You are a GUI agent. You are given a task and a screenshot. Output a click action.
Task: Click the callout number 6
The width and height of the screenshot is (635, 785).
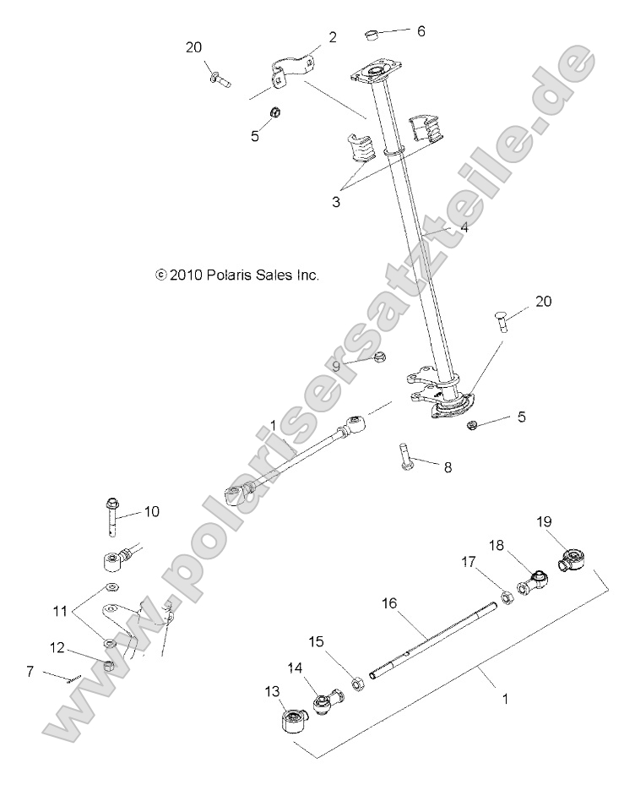[421, 31]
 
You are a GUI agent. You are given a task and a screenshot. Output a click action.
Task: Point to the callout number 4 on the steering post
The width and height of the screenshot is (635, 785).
[464, 227]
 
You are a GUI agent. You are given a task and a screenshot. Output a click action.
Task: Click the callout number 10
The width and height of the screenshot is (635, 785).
[151, 511]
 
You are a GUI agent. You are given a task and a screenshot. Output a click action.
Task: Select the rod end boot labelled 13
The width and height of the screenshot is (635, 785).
[290, 722]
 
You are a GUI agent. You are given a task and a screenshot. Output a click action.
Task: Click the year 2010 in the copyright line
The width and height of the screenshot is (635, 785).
[184, 275]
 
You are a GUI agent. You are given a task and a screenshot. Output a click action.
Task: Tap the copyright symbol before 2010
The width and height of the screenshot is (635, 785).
[161, 275]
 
